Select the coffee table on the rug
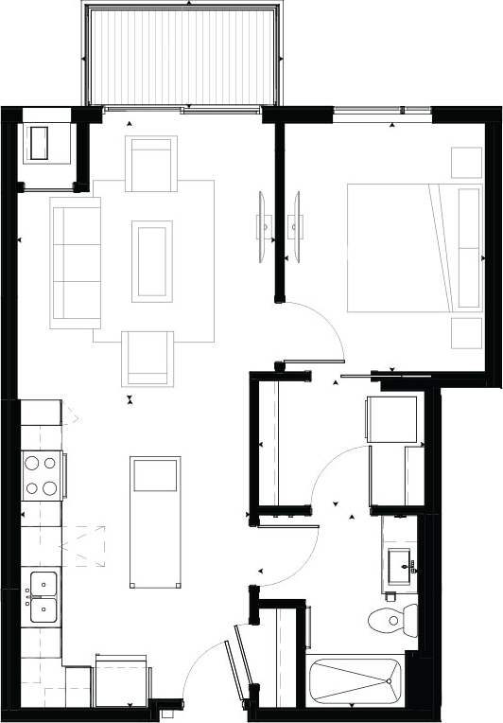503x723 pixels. (152, 260)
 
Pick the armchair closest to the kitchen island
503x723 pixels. (147, 358)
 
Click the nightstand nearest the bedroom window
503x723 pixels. (466, 162)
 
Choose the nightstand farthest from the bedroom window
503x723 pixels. (466, 332)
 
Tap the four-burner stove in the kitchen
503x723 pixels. (43, 475)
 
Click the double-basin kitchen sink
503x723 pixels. (43, 598)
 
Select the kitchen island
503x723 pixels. (155, 520)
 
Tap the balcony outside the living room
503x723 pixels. (182, 54)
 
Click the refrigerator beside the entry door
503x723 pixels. (121, 680)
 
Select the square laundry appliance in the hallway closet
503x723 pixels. (390, 420)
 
